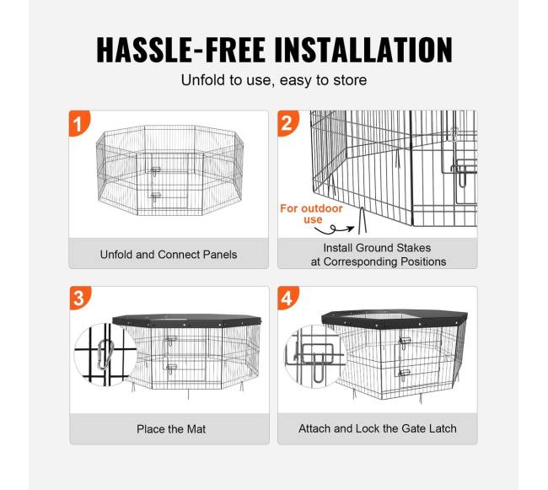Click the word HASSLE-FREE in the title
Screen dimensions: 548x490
click(x=180, y=50)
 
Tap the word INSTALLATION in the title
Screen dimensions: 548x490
click(x=363, y=50)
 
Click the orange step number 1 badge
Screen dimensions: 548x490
click(x=79, y=123)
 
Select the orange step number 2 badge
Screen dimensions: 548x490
click(x=288, y=123)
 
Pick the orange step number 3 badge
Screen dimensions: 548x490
click(x=80, y=298)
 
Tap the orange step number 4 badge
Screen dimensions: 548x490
click(x=288, y=298)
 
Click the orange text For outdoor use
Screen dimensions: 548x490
click(x=311, y=214)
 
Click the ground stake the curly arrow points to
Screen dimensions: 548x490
click(x=362, y=220)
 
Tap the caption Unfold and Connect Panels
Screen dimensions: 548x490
click(x=169, y=255)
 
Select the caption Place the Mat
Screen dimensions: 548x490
click(x=171, y=428)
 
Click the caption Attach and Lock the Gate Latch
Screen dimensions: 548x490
click(x=378, y=428)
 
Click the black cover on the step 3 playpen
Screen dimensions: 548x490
click(x=187, y=320)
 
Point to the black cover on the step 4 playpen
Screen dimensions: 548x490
click(x=395, y=319)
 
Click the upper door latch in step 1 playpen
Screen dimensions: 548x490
click(x=155, y=170)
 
